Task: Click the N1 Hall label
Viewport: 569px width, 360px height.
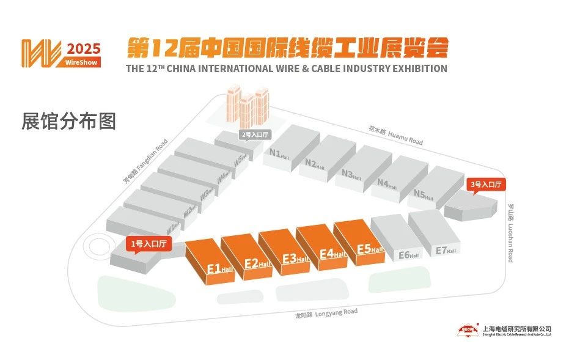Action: [x=278, y=153]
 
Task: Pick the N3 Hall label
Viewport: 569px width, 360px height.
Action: [x=351, y=174]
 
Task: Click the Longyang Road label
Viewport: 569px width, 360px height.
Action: [x=326, y=314]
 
